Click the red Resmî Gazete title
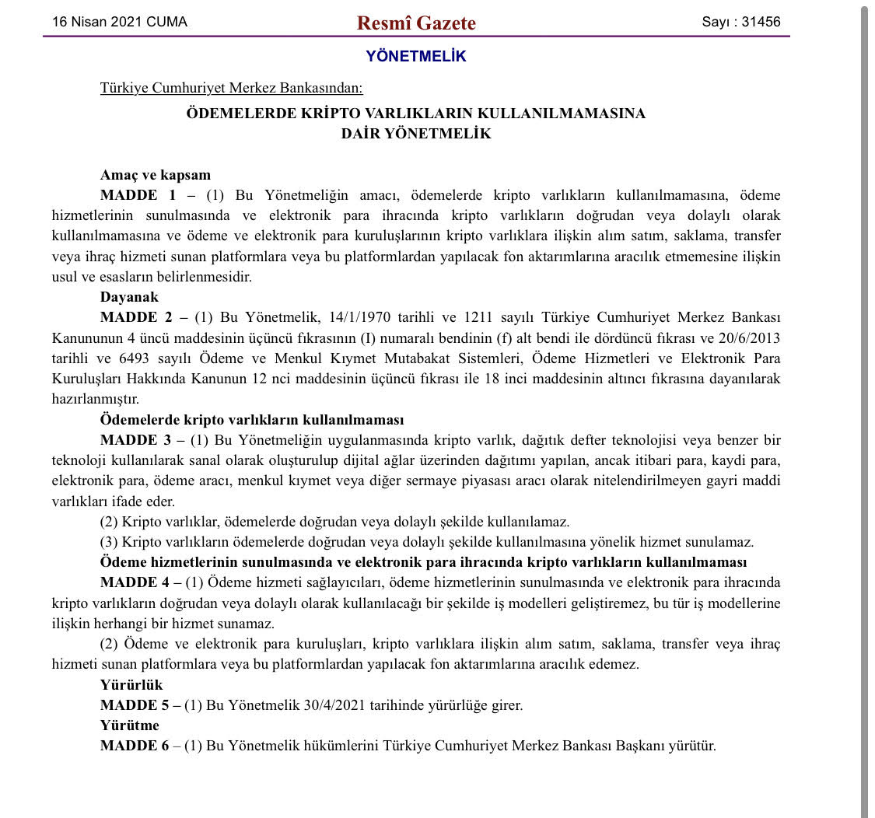[x=416, y=23]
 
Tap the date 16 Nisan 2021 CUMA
[x=120, y=22]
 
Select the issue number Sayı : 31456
[x=740, y=22]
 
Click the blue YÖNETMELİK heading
[x=416, y=56]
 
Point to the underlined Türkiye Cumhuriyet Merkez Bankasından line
[x=231, y=88]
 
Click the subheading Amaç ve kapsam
[x=156, y=175]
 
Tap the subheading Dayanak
[x=129, y=296]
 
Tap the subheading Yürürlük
[x=131, y=685]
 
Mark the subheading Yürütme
[x=129, y=725]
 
